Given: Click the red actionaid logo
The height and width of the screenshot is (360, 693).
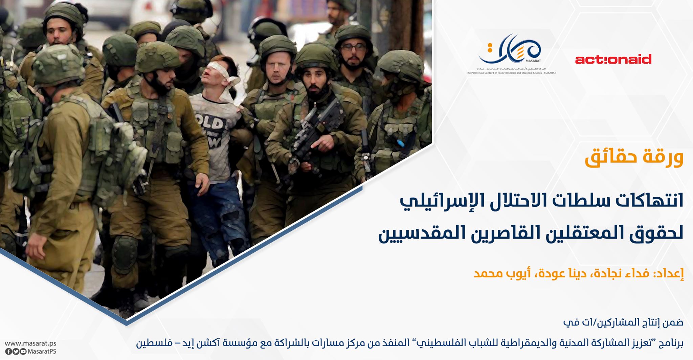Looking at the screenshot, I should (613, 60).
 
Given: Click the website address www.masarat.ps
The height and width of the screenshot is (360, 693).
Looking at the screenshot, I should (30, 344).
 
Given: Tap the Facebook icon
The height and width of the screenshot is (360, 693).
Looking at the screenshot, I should (8, 352).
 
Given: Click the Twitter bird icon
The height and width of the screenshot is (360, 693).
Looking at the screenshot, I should (16, 352).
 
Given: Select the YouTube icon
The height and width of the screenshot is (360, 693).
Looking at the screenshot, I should (23, 352).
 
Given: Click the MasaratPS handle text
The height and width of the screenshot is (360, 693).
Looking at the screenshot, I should (42, 352).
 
